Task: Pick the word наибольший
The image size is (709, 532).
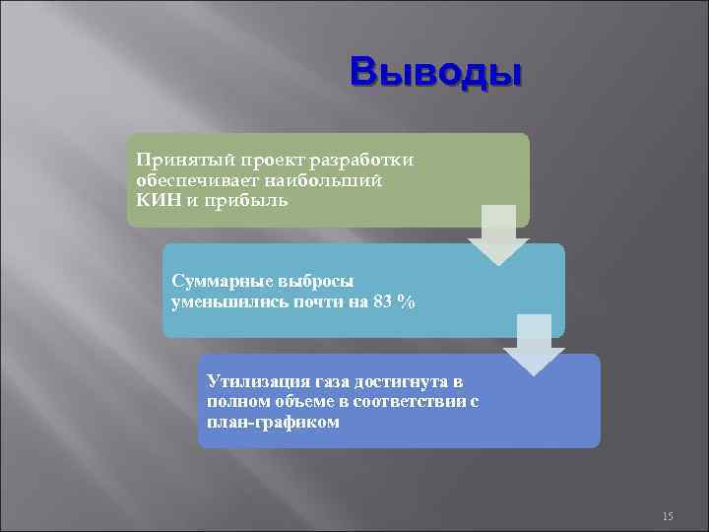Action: [x=326, y=181]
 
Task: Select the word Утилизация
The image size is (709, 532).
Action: [x=258, y=381]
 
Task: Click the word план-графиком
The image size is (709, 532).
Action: [x=274, y=423]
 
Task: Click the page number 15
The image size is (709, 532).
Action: [x=668, y=516]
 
